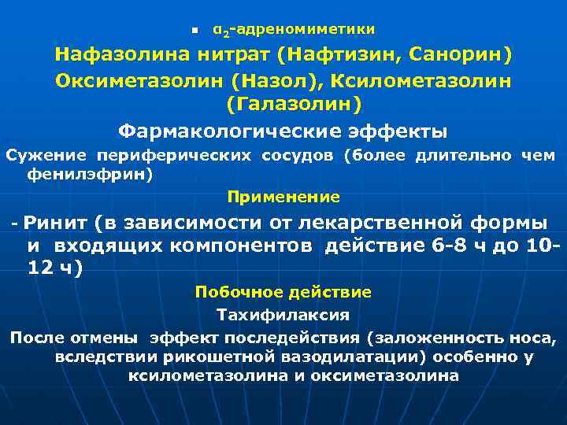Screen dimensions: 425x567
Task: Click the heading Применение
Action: (x=283, y=196)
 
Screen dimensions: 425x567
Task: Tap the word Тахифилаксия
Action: (x=283, y=315)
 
